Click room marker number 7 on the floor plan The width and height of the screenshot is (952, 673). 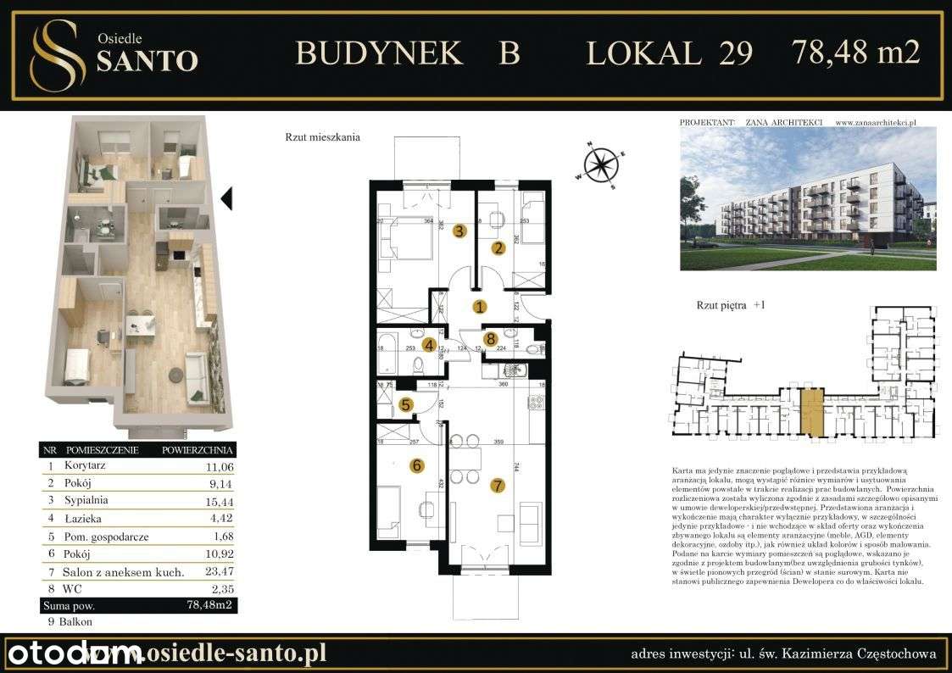pyautogui.click(x=498, y=486)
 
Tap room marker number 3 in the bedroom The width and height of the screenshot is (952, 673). pyautogui.click(x=459, y=231)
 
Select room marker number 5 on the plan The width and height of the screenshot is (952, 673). pyautogui.click(x=406, y=405)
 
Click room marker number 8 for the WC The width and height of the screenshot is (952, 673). pyautogui.click(x=490, y=339)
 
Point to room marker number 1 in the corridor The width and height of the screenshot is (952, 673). pyautogui.click(x=479, y=307)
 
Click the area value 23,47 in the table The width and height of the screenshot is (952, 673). pyautogui.click(x=218, y=572)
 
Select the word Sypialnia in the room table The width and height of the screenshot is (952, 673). pyautogui.click(x=86, y=500)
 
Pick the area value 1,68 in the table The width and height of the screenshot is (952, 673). pyautogui.click(x=220, y=536)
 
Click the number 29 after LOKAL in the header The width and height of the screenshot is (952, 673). pyautogui.click(x=735, y=53)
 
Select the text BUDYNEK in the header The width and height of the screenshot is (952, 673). pyautogui.click(x=378, y=53)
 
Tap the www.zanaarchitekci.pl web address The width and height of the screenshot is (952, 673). pyautogui.click(x=877, y=122)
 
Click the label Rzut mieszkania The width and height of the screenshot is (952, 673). pyautogui.click(x=323, y=136)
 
